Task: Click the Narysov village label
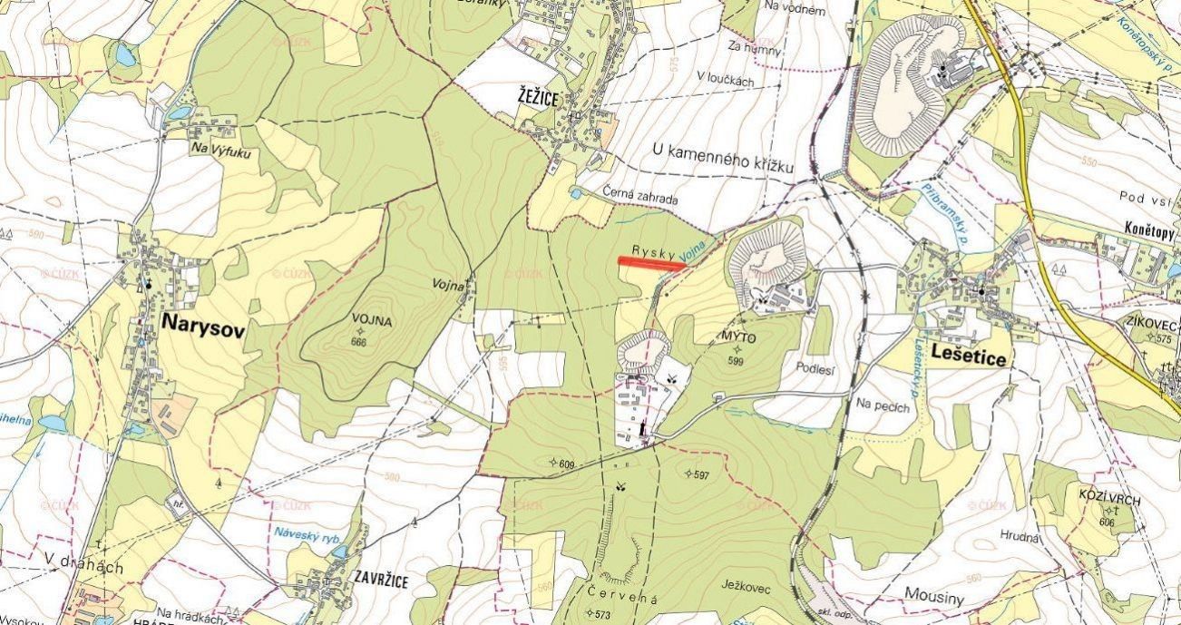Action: click(202, 326)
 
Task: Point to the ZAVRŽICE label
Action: click(381, 580)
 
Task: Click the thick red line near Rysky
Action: click(652, 263)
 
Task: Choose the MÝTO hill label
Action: click(737, 337)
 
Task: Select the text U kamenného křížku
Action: click(723, 160)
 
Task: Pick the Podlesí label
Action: click(814, 368)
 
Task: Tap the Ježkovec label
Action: click(747, 588)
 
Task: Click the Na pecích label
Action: click(882, 405)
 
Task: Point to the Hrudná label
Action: click(1020, 536)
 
